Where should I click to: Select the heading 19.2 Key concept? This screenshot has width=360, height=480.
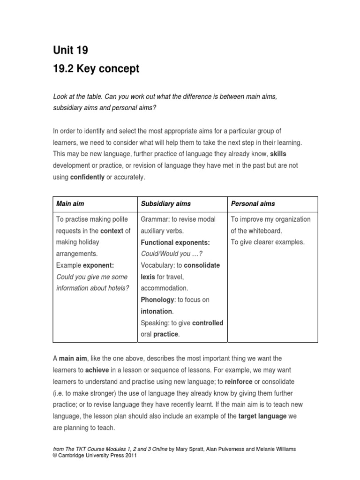97,69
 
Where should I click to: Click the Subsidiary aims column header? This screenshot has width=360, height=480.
166,204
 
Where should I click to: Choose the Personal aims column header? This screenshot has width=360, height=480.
253,204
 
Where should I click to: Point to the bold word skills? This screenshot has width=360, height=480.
278,154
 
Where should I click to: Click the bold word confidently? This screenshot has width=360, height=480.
87,177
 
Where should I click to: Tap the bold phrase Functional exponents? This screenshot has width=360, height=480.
175,242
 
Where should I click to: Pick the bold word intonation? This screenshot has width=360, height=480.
157,311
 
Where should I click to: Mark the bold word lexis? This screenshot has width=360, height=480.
148,277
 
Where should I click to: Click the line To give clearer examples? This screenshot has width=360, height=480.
267,242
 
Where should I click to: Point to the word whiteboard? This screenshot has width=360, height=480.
266,231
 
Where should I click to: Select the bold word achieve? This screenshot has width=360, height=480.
99,370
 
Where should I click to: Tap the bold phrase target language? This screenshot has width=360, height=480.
262,416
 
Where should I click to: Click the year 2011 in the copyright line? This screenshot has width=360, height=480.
128,455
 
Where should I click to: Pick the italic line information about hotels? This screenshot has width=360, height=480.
92,288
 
